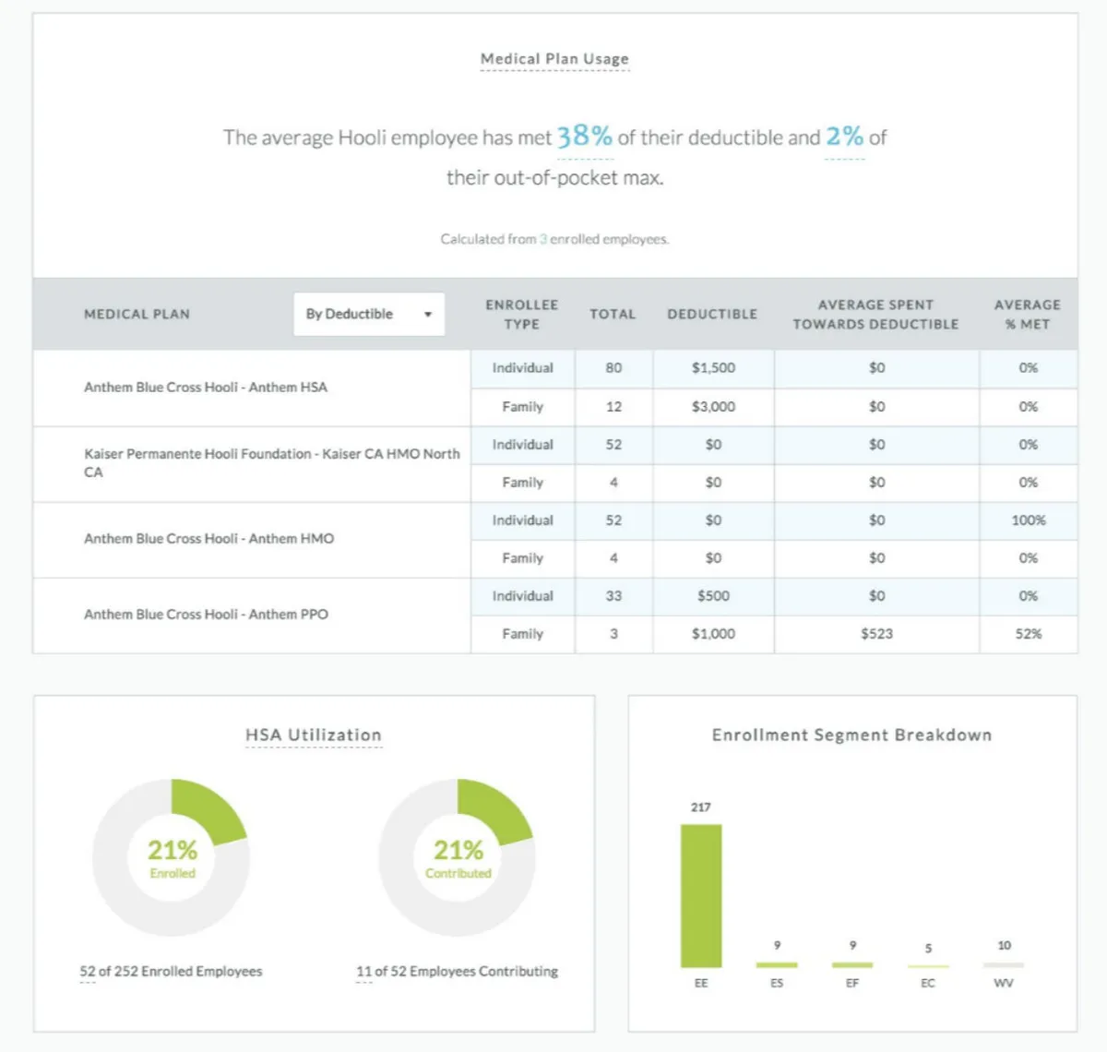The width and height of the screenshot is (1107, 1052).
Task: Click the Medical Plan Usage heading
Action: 554,59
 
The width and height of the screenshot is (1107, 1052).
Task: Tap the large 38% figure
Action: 584,137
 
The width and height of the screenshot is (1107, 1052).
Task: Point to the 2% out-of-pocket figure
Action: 844,137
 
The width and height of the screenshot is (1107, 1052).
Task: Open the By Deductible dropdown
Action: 368,314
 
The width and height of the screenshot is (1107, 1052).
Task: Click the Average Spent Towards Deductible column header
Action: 875,314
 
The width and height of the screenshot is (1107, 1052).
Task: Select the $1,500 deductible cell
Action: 713,368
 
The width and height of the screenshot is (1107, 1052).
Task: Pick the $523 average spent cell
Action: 876,634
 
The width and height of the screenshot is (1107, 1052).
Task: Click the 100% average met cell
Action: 1028,520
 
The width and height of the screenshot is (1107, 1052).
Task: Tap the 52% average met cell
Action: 1028,634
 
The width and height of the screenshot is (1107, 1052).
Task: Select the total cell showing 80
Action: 613,368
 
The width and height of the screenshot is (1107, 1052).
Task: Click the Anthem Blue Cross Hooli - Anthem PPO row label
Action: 206,615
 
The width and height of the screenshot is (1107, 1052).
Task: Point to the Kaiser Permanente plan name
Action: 271,462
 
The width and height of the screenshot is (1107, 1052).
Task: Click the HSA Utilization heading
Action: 314,735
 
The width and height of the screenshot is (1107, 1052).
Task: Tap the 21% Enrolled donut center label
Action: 173,857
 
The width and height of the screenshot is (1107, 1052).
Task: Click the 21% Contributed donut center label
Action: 458,857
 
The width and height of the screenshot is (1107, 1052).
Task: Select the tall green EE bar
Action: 701,895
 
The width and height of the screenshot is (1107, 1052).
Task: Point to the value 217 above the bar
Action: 701,807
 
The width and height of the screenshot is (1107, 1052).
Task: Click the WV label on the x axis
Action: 1004,984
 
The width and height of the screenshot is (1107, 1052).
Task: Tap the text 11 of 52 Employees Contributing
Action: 458,971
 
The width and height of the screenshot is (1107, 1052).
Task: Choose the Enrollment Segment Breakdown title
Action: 851,735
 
